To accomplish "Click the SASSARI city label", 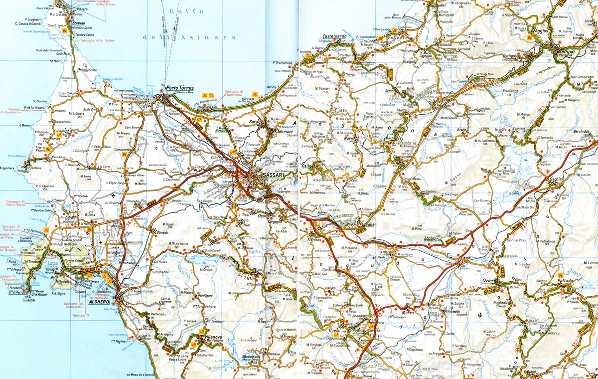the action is click(x=268, y=176).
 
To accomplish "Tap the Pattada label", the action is click(x=565, y=281).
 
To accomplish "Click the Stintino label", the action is click(x=78, y=23).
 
